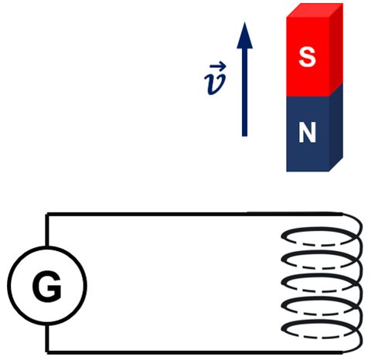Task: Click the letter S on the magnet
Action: [307, 57]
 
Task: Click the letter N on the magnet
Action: [307, 132]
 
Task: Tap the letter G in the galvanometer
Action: [47, 286]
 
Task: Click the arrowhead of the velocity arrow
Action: [244, 36]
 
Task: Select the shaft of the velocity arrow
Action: [244, 92]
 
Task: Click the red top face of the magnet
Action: [315, 10]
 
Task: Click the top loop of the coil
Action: [319, 229]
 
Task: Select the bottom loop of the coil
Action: [319, 323]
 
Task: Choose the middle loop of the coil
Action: [319, 277]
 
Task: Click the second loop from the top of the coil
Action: [319, 253]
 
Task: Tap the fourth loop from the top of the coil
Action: [319, 300]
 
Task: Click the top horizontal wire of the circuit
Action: [195, 214]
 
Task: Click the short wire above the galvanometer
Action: [46, 230]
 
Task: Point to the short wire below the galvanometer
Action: [46, 338]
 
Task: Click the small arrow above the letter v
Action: [218, 66]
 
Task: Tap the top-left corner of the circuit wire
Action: [46, 214]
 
